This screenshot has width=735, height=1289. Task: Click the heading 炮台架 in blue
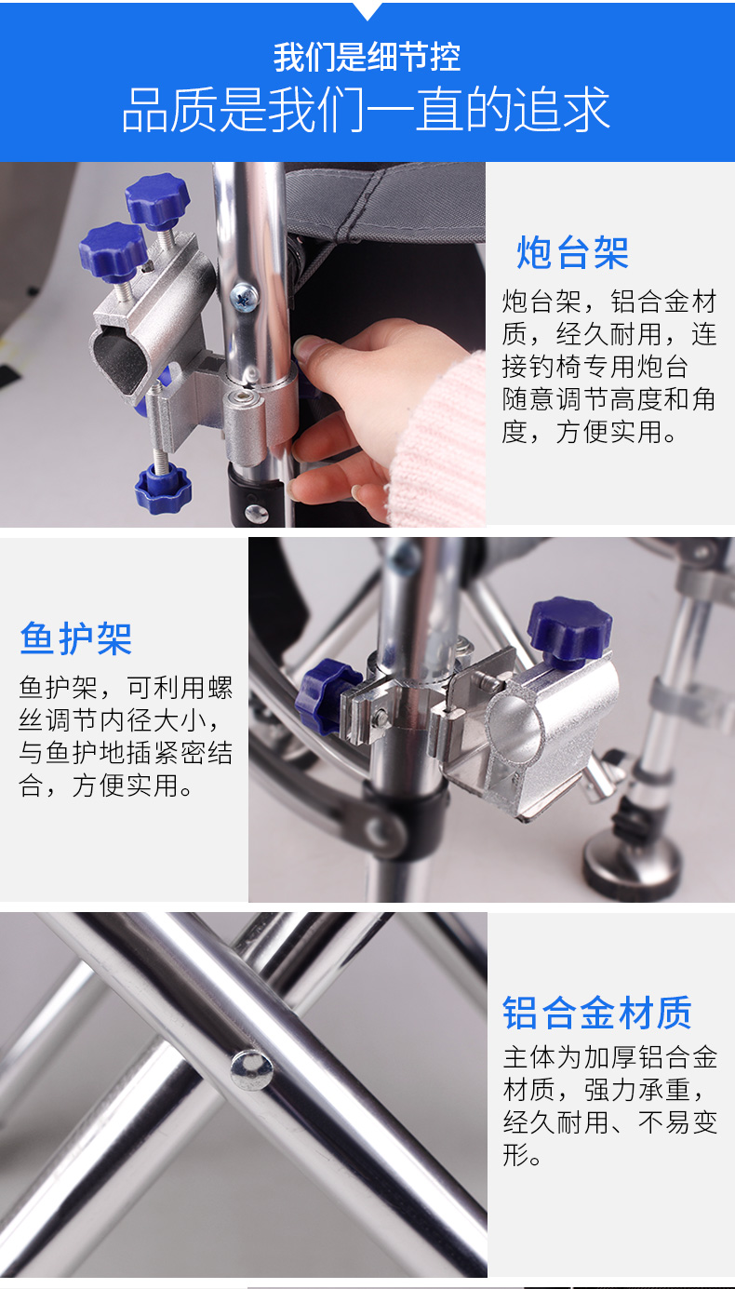[572, 252]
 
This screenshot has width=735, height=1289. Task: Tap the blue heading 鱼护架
[76, 638]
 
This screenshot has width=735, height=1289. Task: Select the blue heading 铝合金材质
[597, 1013]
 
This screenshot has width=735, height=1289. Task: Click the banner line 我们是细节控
[367, 57]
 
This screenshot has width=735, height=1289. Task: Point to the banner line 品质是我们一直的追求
[366, 109]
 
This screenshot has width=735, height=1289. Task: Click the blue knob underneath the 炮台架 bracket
[163, 489]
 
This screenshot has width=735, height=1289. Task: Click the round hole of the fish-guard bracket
[514, 729]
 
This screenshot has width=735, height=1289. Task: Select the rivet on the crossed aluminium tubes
[251, 1069]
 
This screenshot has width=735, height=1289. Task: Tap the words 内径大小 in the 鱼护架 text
[152, 719]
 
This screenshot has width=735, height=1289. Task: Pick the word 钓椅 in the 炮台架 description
[555, 367]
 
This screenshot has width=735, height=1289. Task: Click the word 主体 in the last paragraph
[529, 1056]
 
